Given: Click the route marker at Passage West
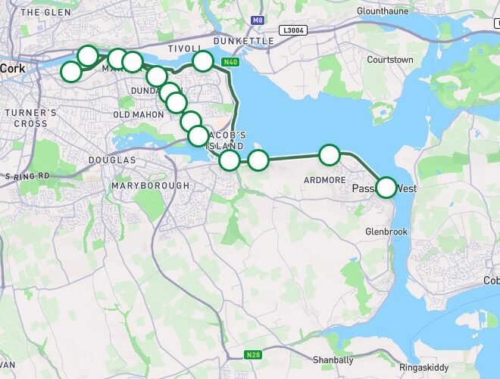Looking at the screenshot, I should tap(386, 187).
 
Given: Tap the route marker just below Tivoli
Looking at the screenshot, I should tap(202, 61).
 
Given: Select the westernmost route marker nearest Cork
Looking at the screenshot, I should tap(70, 72).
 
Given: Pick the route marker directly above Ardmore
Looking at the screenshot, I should tap(330, 155).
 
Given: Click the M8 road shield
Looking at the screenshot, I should tap(259, 20).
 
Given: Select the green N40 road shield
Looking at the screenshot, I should tap(230, 61).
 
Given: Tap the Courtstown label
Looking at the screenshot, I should tap(389, 59).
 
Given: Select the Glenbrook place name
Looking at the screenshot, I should tap(386, 231).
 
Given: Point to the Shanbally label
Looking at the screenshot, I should tap(333, 360).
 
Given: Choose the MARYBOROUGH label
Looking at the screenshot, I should tap(150, 185).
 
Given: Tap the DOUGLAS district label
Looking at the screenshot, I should tap(112, 160).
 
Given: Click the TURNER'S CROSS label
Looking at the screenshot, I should tap(30, 118).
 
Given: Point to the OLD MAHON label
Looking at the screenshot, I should tap(138, 114).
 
